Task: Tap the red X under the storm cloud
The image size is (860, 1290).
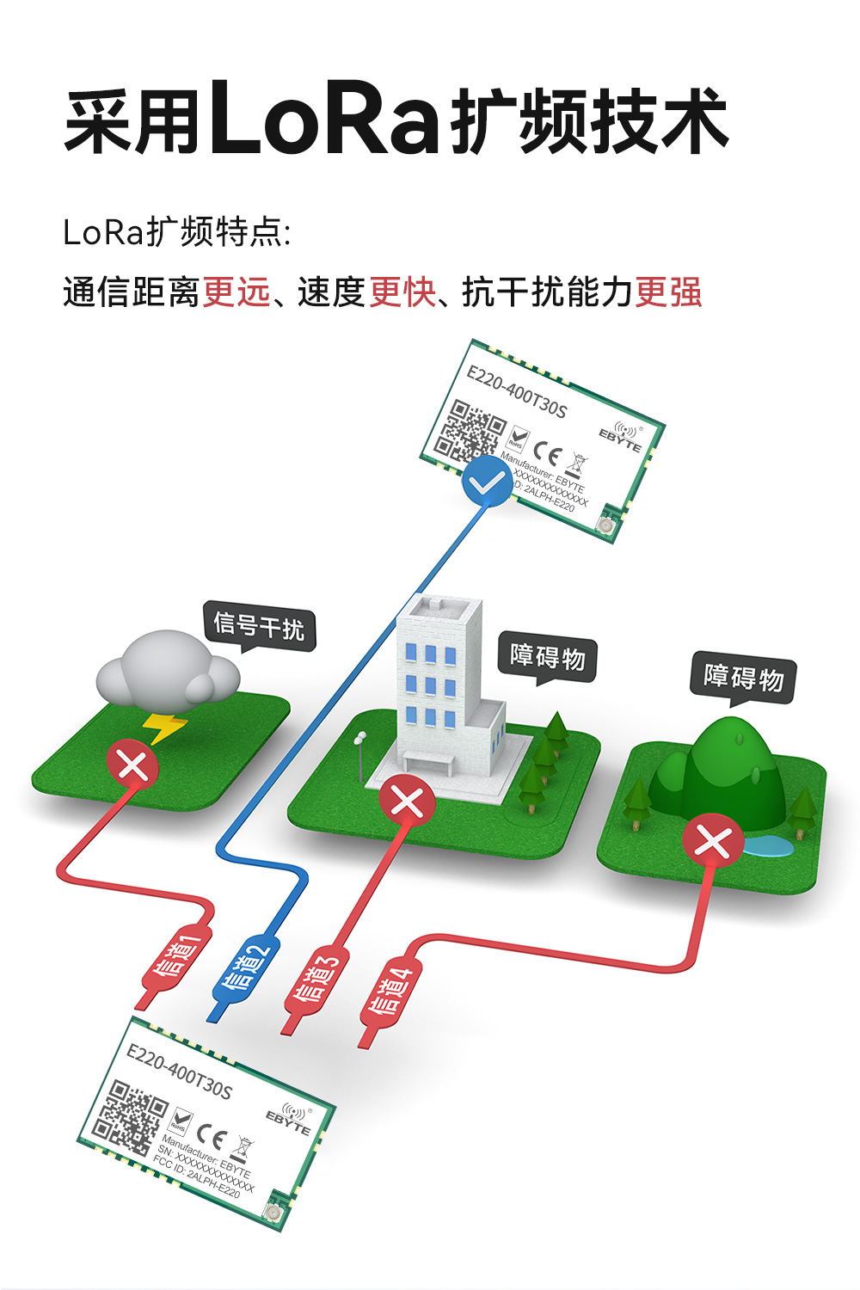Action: [x=132, y=764]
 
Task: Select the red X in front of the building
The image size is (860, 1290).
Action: [x=407, y=802]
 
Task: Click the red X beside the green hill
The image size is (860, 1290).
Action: [x=713, y=840]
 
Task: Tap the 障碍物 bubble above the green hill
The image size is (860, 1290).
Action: [x=743, y=677]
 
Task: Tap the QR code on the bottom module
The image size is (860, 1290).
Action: [x=131, y=1117]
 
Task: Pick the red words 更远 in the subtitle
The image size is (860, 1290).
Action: [x=236, y=292]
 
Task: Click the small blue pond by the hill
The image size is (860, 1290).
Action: [x=767, y=848]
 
